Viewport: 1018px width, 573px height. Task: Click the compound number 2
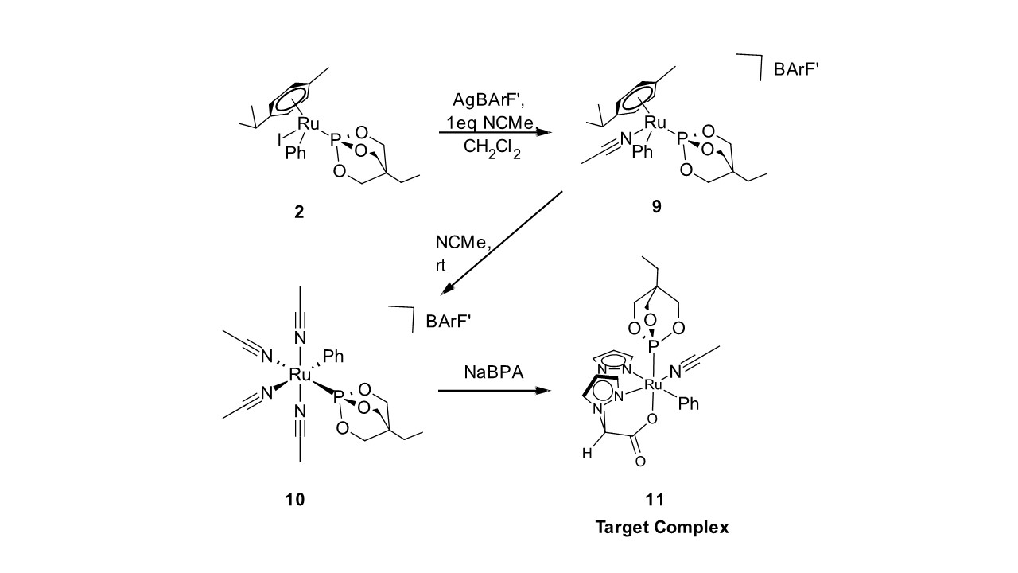point(299,212)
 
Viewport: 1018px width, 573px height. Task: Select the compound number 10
point(294,500)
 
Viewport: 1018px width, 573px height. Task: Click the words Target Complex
point(662,527)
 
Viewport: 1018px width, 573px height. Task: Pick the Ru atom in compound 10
point(300,374)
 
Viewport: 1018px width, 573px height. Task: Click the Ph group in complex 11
point(689,403)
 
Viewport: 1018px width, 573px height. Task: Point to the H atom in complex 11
point(587,454)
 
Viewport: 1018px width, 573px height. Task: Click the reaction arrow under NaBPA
point(494,391)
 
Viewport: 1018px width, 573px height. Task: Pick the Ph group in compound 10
point(333,357)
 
